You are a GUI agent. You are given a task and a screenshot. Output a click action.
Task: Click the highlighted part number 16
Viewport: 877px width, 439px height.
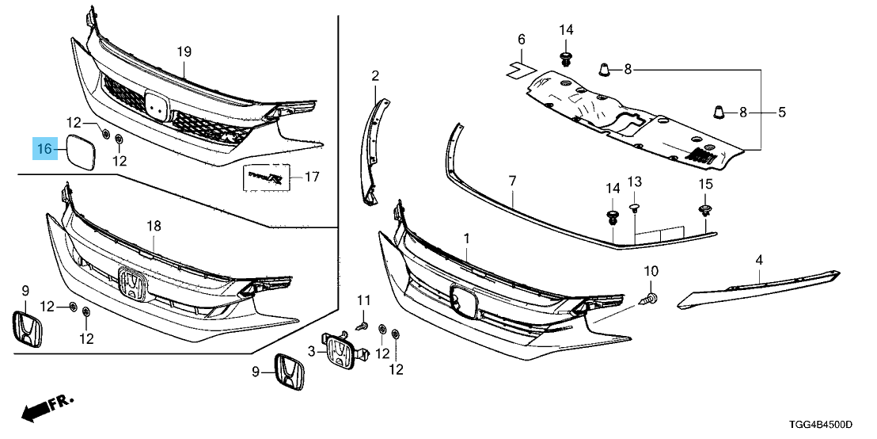44,148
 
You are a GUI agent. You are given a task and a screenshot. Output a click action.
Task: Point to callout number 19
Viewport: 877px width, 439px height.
184,52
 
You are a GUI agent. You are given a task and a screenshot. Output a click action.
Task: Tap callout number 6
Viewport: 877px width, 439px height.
522,40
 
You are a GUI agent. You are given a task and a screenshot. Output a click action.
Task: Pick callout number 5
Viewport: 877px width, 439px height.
781,113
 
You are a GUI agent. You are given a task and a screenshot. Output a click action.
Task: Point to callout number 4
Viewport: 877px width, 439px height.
758,260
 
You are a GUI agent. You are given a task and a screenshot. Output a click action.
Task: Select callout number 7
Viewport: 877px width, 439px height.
512,181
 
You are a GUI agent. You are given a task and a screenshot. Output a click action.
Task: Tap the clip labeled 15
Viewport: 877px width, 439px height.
704,210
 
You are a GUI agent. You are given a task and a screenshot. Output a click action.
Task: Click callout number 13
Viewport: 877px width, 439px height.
633,183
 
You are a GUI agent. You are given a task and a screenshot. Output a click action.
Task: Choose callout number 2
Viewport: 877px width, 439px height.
375,76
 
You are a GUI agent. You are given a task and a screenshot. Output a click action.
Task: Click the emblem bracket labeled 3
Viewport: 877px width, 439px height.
342,349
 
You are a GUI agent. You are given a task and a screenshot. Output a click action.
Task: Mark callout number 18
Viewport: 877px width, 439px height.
154,227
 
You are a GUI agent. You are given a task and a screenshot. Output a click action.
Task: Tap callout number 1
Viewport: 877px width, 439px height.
466,238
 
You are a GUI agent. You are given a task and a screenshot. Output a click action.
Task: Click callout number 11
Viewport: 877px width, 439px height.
363,300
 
